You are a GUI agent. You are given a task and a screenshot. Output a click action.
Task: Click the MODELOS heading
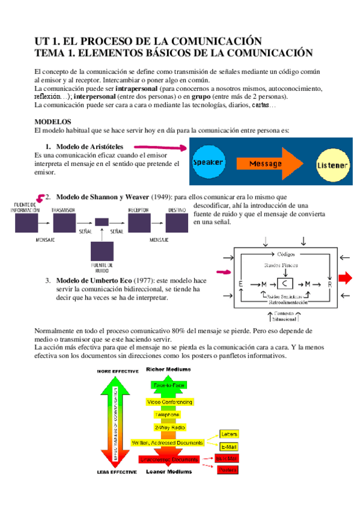pos(53,121)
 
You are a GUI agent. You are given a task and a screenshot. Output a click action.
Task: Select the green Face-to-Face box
pos(169,384)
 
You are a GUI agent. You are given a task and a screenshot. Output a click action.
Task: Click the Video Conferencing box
pos(169,401)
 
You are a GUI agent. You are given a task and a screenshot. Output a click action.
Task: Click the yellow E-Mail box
pos(229,447)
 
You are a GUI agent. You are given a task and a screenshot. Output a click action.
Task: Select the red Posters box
pos(228,470)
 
